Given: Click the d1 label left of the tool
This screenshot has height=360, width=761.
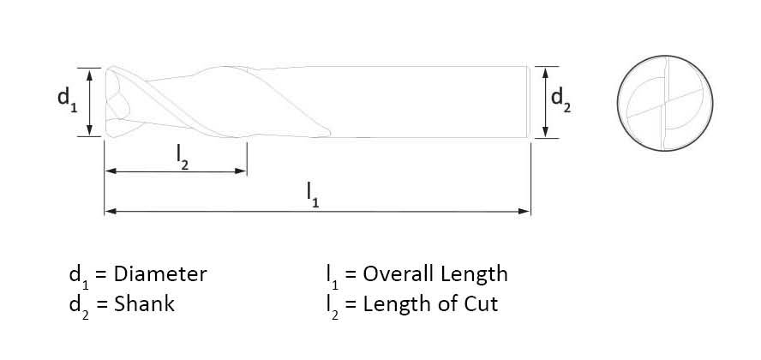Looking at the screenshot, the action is click(68, 100).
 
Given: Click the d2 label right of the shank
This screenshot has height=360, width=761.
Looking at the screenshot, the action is click(561, 101).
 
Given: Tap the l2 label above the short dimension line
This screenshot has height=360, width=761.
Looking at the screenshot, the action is click(183, 157).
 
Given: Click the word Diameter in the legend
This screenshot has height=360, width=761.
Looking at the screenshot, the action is click(160, 274).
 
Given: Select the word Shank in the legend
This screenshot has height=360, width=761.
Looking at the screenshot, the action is click(144, 304).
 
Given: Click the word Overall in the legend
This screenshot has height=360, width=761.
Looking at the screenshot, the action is click(398, 274).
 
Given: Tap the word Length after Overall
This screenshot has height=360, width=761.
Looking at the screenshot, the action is click(474, 274).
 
